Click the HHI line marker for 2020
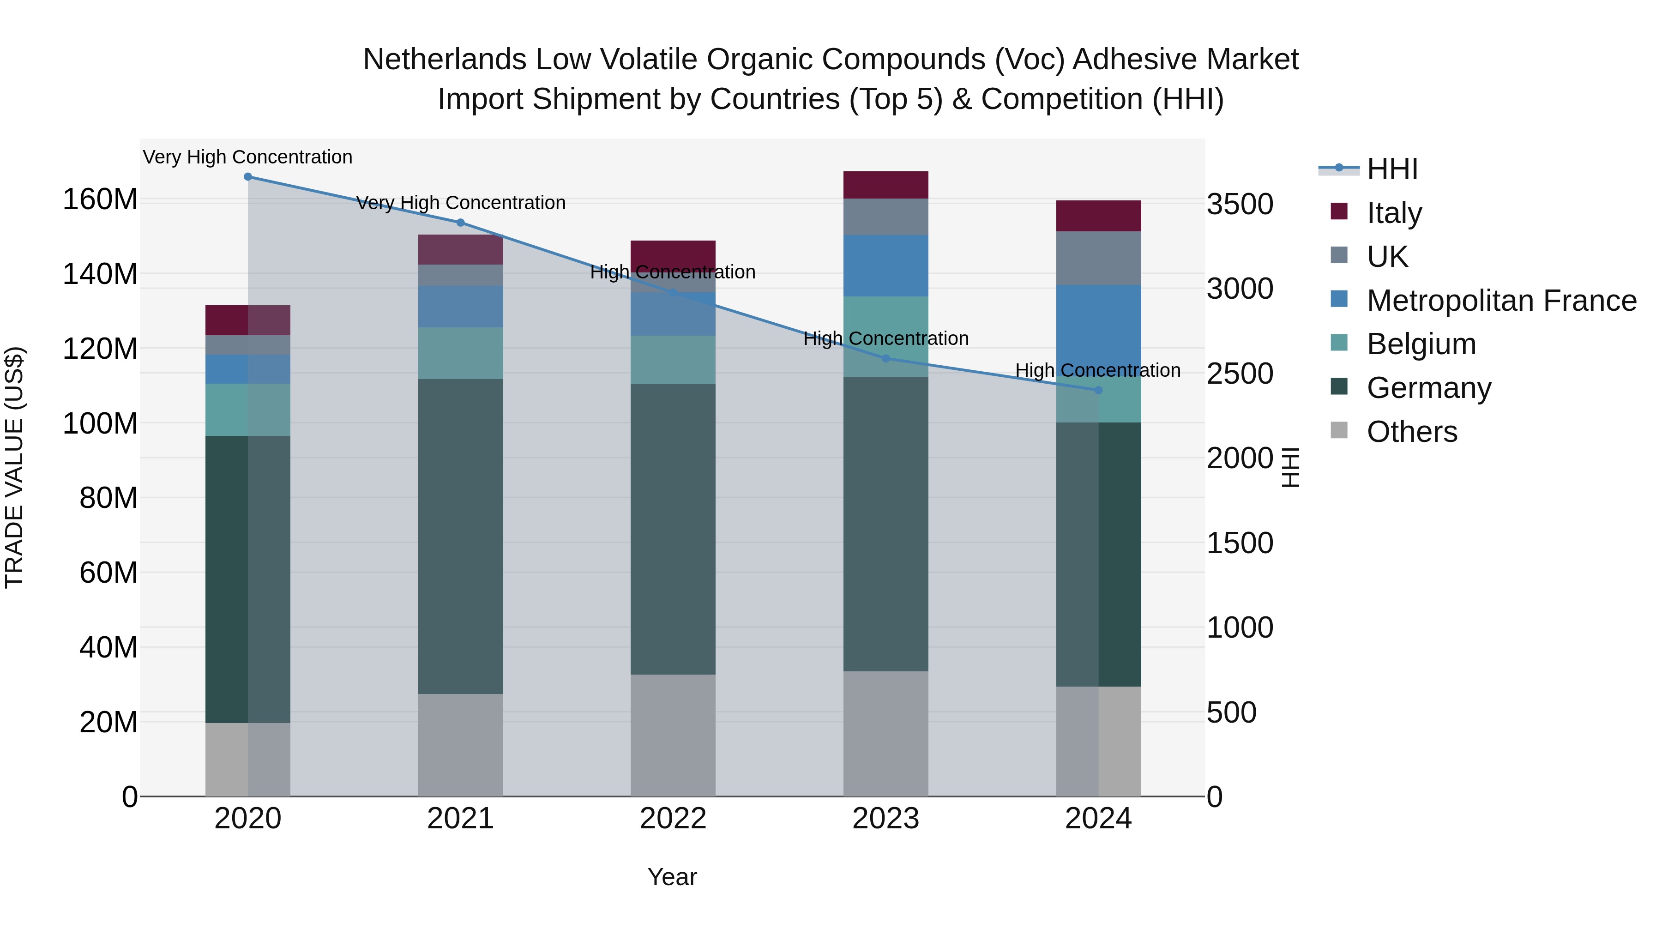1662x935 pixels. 248,177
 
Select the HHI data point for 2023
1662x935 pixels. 885,358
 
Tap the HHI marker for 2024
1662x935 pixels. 1098,390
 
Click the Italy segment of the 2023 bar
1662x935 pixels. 885,185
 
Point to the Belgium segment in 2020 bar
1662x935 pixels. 248,410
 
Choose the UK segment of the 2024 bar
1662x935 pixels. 1098,258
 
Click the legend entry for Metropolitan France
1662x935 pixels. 1501,301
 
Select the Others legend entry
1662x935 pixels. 1412,432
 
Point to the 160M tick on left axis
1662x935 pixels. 100,199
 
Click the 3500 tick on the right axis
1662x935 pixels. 1240,205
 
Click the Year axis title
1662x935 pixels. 672,877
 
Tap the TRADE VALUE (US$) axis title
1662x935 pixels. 14,467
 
